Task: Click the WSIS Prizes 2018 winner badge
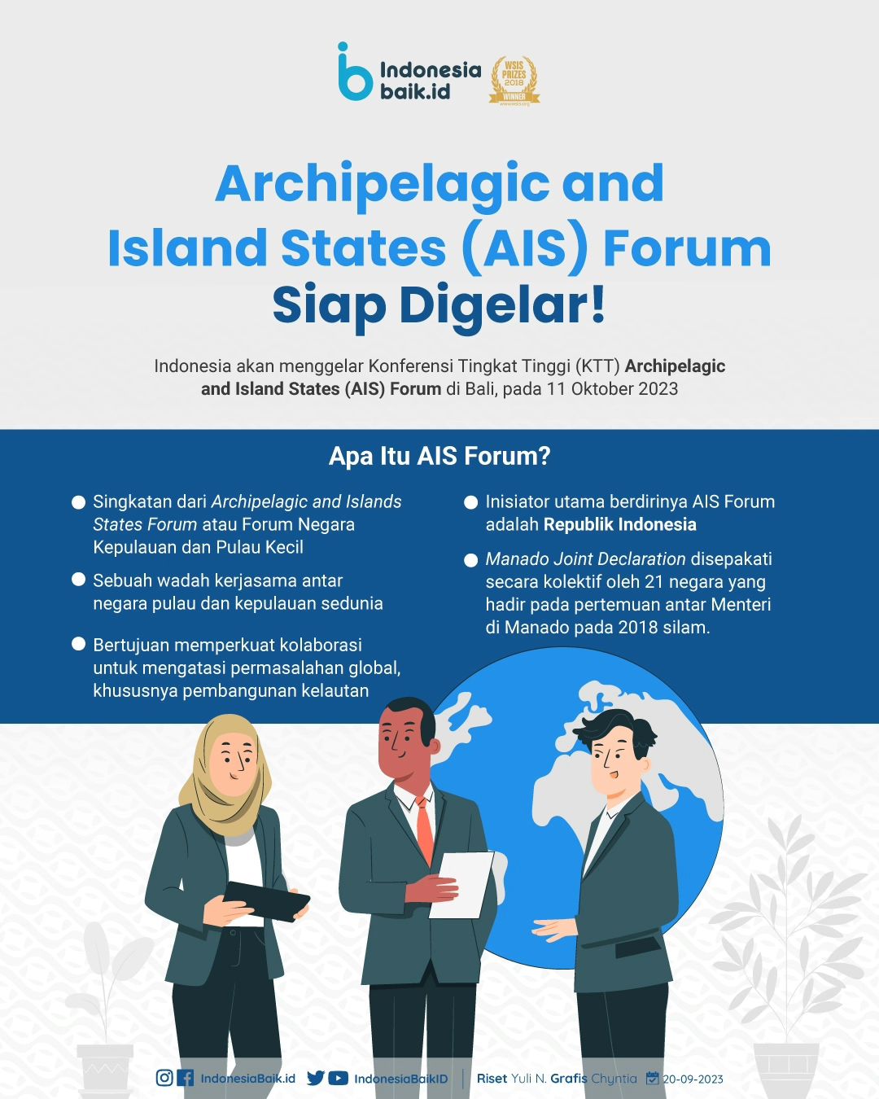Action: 514,81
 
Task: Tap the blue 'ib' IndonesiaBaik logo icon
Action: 355,71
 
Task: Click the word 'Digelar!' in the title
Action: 503,305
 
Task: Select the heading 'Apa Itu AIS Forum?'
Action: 439,456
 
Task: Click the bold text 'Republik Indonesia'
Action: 619,524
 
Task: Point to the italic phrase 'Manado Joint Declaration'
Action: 585,559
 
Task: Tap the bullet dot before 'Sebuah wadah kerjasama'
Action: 78,580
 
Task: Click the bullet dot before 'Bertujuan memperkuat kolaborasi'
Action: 78,643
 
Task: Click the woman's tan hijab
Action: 225,777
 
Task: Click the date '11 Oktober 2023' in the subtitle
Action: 612,388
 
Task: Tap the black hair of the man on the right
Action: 615,728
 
